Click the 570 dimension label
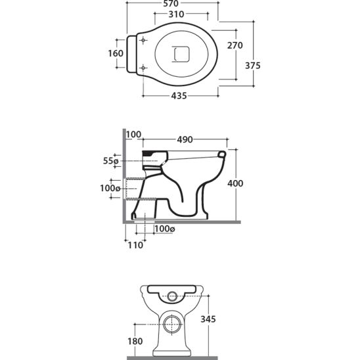point(171,3)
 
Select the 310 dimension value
point(176,14)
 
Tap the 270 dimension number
point(235,45)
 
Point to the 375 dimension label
point(253,66)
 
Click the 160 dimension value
point(116,53)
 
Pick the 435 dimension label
point(179,96)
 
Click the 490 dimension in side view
point(185,139)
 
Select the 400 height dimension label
point(235,183)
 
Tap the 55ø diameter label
point(110,161)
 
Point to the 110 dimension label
point(135,245)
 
